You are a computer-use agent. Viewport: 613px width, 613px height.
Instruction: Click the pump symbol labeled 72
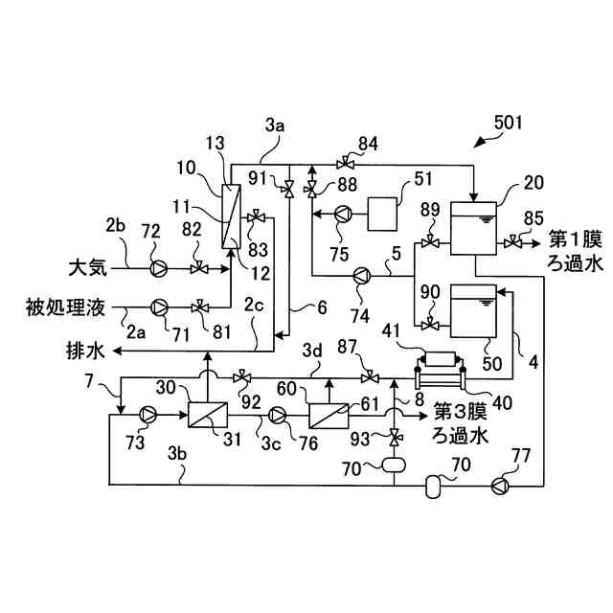tap(159, 267)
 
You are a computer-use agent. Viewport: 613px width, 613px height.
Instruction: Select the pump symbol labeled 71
tap(161, 307)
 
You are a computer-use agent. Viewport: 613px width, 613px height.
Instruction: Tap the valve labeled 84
tap(342, 160)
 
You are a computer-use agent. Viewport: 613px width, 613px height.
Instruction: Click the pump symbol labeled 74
tap(361, 276)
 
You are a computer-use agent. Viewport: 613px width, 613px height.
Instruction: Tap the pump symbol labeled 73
tap(148, 414)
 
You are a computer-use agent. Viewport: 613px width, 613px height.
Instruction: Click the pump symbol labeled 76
tap(278, 414)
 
